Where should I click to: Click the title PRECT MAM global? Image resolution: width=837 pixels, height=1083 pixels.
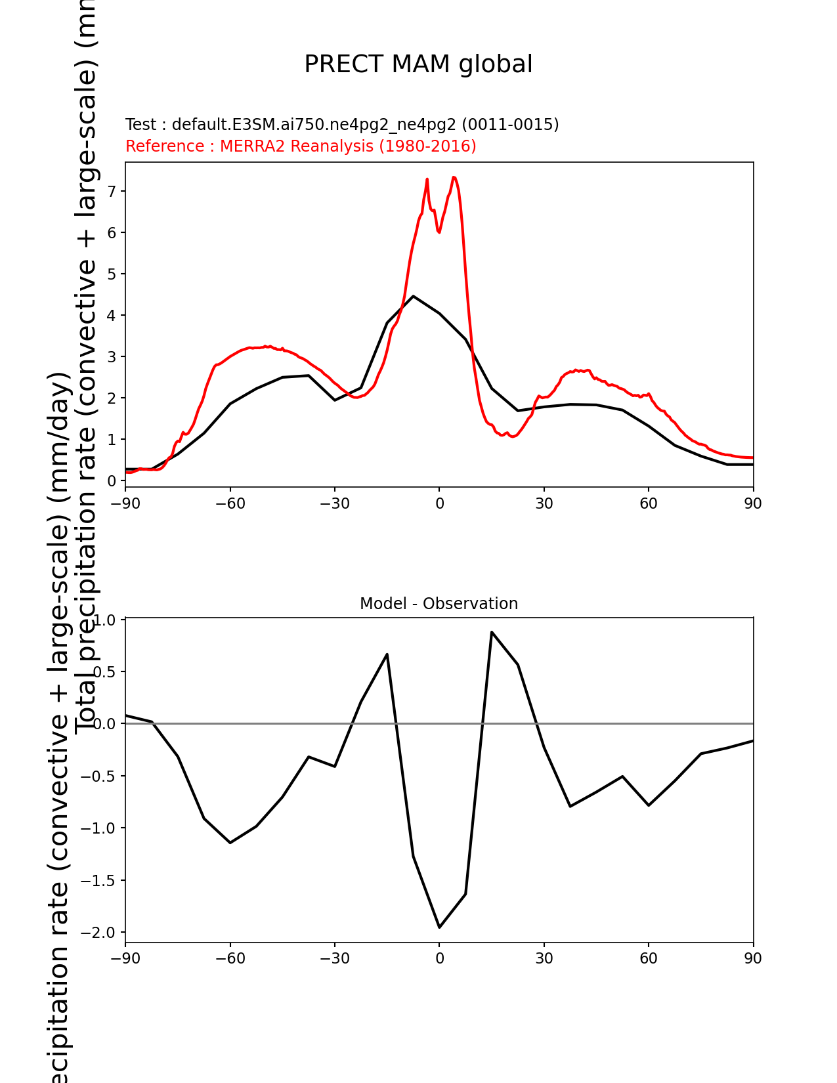click(418, 64)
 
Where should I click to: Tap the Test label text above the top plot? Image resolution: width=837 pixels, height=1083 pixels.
click(342, 125)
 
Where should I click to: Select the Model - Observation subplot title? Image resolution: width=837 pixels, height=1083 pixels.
click(439, 604)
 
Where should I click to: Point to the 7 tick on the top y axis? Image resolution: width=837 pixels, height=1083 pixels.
click(112, 191)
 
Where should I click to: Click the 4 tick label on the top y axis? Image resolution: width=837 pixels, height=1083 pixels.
click(112, 315)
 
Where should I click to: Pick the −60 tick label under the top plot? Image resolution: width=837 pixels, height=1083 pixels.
click(230, 503)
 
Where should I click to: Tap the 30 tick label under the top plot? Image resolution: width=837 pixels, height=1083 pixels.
click(544, 503)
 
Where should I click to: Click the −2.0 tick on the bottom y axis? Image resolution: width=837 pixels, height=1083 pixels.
click(99, 933)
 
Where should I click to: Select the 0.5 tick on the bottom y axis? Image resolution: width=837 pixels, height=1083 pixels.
click(105, 672)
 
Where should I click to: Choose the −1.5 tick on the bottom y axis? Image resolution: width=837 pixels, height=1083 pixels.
click(99, 880)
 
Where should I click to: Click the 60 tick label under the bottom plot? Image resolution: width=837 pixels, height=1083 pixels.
click(648, 959)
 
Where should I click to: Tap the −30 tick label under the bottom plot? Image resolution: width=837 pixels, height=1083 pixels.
click(334, 959)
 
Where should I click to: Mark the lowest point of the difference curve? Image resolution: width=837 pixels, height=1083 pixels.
click(439, 927)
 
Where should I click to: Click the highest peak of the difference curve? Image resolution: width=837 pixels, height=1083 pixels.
click(492, 632)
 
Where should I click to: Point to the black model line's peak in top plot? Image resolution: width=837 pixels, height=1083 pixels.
click(413, 296)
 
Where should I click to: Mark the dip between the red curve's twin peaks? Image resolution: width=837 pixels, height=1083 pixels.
click(439, 232)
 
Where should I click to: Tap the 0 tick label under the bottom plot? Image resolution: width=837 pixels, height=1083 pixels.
click(439, 959)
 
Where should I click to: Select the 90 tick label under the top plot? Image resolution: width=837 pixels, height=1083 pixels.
click(753, 503)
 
